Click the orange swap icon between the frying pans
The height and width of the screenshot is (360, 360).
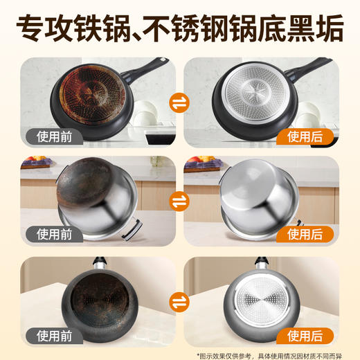pos(180,104)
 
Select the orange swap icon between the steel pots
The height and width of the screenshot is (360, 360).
pos(180,202)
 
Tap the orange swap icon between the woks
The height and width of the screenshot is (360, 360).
pos(180,302)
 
